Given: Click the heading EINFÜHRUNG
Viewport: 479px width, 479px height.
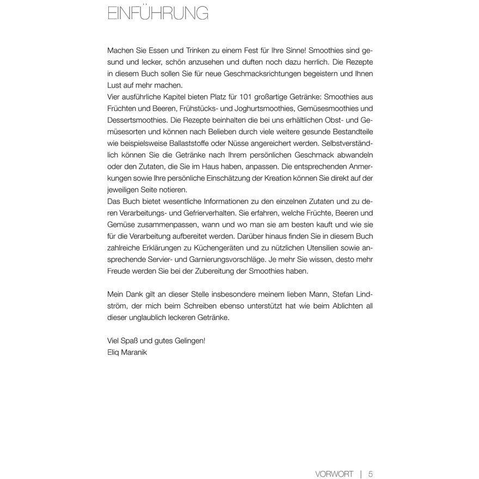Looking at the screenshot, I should coord(158,14).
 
